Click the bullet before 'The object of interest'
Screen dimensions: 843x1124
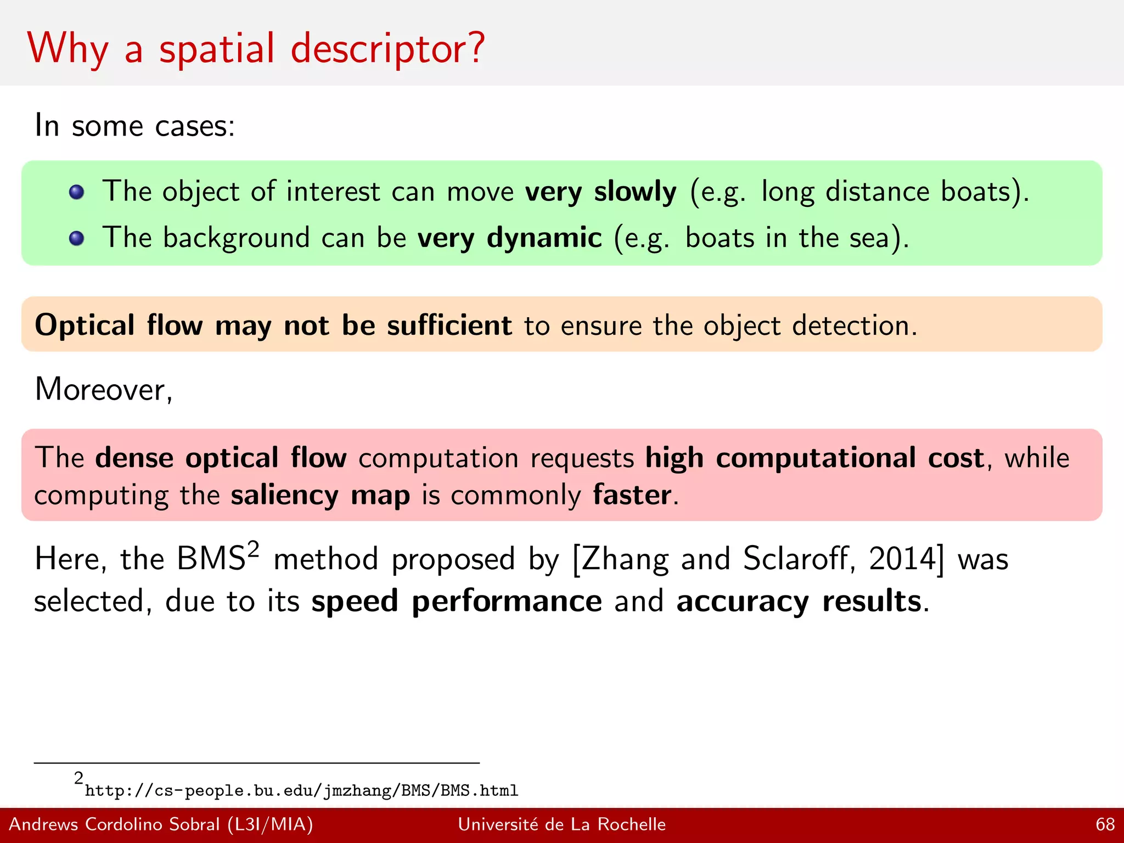click(x=77, y=192)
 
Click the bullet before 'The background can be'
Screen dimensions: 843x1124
click(x=77, y=238)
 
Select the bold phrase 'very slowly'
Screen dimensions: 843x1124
click(x=600, y=192)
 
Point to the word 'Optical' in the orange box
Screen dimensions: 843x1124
click(x=85, y=325)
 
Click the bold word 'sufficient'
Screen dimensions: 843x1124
click(x=449, y=325)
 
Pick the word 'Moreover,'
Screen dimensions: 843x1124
click(x=104, y=390)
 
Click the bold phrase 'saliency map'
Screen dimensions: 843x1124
click(x=320, y=495)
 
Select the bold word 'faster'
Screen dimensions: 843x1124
click(x=632, y=495)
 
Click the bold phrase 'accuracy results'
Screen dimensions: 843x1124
click(x=799, y=602)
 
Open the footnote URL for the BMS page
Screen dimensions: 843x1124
click(x=301, y=790)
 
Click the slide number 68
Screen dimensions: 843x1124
click(x=1105, y=824)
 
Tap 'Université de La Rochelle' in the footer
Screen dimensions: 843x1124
click(x=561, y=824)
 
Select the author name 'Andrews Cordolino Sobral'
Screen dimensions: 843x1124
click(x=114, y=824)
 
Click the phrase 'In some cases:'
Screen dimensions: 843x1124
click(x=134, y=126)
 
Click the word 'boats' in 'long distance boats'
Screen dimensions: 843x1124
click(x=976, y=192)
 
